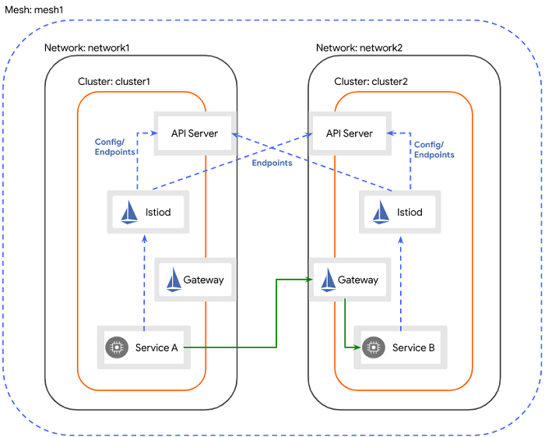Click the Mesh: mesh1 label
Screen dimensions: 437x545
click(34, 9)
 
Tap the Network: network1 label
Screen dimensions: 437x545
click(86, 48)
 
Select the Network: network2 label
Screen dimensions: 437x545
click(359, 48)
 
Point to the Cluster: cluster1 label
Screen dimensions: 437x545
click(114, 81)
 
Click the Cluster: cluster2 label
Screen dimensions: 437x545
click(371, 81)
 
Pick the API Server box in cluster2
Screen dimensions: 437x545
click(349, 133)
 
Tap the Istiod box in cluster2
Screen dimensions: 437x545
click(400, 212)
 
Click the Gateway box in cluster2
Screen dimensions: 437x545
click(349, 280)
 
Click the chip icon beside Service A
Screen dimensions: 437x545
click(117, 347)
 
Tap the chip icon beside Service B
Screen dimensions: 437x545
click(374, 347)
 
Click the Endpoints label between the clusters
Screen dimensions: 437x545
click(272, 163)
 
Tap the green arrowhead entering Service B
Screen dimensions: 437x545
click(357, 347)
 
